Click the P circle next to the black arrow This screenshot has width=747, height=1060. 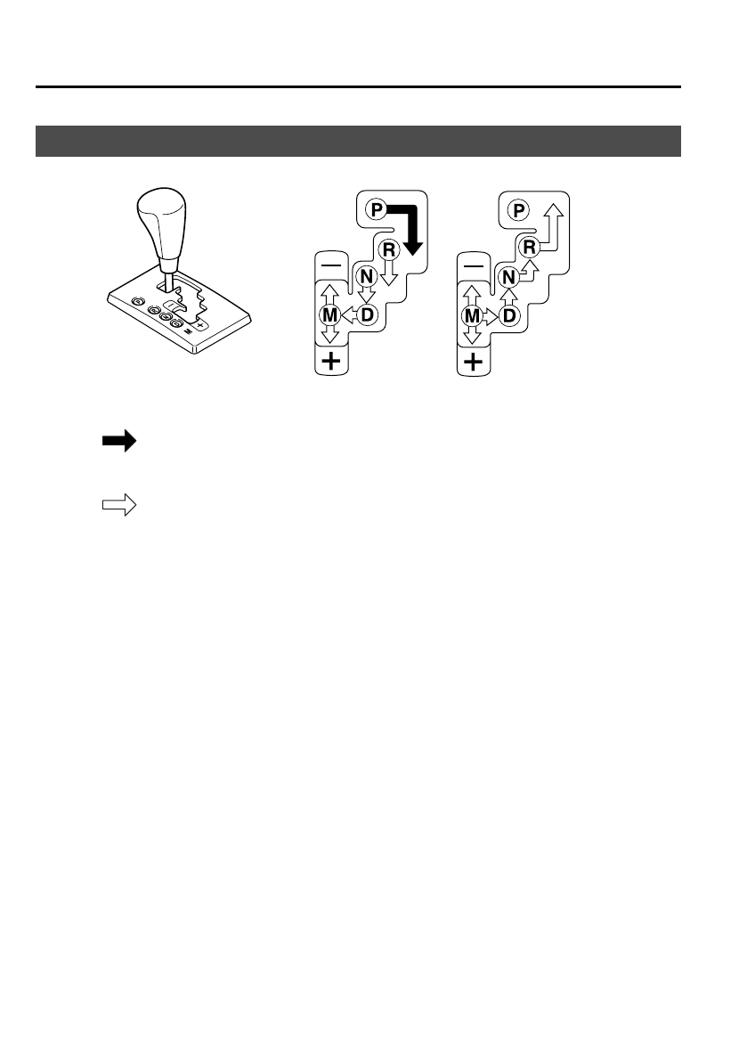tap(375, 211)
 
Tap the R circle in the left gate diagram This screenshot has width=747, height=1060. tap(388, 249)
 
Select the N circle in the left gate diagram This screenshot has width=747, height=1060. tap(365, 276)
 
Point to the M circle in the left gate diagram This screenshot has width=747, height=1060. tap(329, 314)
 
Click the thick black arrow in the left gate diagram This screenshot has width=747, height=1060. tap(410, 227)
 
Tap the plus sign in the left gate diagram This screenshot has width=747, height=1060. tap(330, 362)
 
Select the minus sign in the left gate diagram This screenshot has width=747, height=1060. tap(330, 265)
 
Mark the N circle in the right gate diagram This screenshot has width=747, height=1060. tap(507, 276)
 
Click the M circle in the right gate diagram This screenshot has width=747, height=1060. tap(472, 314)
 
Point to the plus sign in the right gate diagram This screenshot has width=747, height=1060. tap(473, 362)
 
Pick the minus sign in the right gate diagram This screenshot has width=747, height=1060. tap(473, 265)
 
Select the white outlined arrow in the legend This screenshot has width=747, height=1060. tap(118, 506)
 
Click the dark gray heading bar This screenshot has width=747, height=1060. tap(358, 141)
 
